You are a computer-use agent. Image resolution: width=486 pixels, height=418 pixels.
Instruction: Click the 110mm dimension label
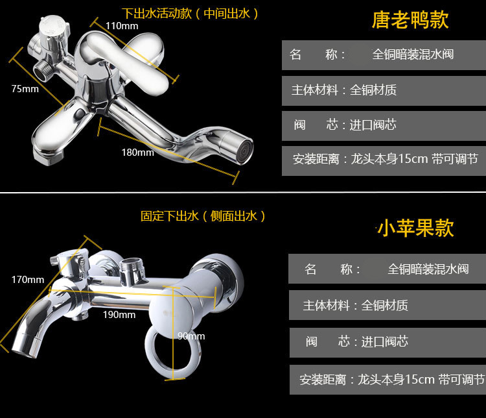click(x=122, y=26)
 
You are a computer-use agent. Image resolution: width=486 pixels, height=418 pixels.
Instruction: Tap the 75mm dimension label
click(x=25, y=89)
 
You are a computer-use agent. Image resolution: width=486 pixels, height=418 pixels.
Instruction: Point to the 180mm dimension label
click(x=137, y=153)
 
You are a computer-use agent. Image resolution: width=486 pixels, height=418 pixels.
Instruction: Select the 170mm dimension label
click(x=28, y=280)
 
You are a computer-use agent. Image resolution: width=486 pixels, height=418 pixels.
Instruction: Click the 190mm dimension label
click(x=119, y=315)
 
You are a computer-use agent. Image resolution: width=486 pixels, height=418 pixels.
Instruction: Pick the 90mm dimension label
click(x=191, y=336)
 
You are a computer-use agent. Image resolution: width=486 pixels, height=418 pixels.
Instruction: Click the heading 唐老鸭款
click(x=410, y=20)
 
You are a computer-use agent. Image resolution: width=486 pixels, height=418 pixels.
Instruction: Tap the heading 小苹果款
click(x=415, y=228)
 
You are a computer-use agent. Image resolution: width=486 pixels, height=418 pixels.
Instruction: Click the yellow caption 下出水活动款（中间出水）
click(x=191, y=14)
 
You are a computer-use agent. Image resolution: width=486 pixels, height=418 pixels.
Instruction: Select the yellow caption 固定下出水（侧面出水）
click(x=203, y=216)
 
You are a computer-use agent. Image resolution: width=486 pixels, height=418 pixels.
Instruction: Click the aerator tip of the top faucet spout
click(x=242, y=151)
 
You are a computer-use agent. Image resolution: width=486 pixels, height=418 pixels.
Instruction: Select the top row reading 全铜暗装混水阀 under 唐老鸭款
click(x=384, y=55)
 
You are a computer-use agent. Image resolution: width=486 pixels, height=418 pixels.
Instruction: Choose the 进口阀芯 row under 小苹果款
click(x=388, y=342)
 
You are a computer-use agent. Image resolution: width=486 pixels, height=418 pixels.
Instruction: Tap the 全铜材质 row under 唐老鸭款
click(x=384, y=90)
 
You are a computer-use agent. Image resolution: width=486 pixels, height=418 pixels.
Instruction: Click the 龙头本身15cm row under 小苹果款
click(x=388, y=380)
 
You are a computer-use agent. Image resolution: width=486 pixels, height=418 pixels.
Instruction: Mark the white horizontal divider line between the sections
click(x=243, y=193)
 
